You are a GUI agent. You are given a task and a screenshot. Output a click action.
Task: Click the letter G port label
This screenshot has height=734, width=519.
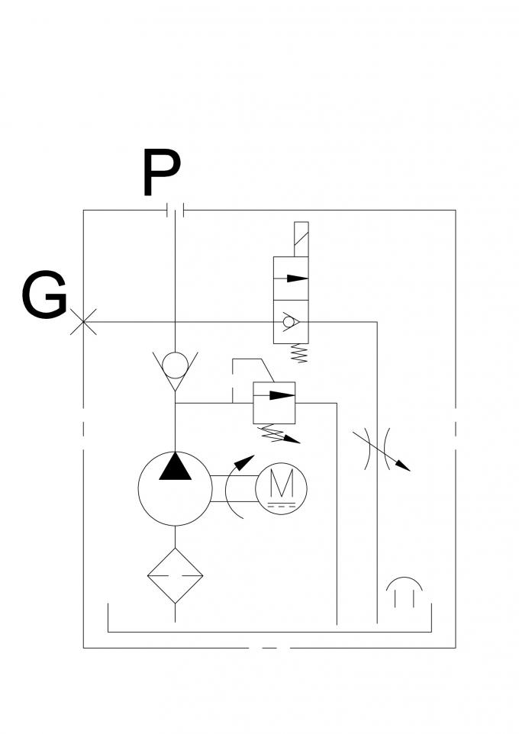44,297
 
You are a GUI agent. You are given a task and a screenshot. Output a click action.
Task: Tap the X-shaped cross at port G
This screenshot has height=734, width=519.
83,321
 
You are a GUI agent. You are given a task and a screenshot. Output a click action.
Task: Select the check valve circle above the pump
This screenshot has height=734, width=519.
176,365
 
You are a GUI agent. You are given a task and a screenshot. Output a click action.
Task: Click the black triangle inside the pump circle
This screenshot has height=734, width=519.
176,466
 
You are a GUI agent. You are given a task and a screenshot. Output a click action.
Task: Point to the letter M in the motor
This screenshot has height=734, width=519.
281,483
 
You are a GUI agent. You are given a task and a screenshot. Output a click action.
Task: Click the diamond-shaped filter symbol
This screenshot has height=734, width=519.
176,576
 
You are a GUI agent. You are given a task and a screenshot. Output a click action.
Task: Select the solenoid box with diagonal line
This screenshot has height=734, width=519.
301,239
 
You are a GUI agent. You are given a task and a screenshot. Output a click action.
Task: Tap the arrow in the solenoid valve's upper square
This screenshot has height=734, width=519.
291,278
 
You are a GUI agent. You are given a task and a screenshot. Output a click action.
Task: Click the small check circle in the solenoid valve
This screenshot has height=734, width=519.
288,322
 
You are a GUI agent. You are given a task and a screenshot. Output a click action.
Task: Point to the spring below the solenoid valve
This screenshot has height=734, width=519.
301,353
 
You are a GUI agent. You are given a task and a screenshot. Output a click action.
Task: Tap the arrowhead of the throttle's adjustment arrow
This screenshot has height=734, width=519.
405,467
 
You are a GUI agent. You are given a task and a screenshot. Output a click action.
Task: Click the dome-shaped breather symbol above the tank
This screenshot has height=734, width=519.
404,592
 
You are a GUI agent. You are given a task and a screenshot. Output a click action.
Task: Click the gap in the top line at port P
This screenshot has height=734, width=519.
176,210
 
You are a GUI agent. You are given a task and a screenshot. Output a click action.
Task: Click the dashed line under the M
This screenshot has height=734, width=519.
280,506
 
